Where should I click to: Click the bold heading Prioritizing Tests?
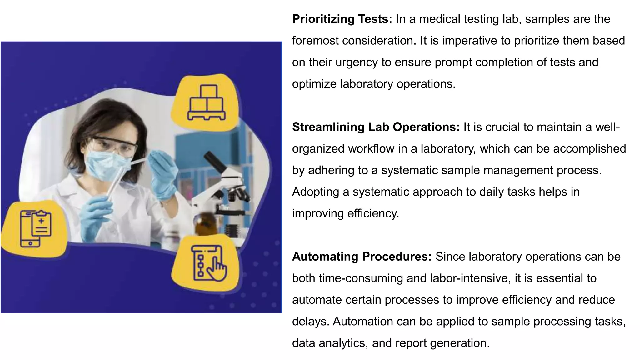(x=342, y=19)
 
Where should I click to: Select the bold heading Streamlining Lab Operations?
(x=376, y=127)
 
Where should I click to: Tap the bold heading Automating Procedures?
(x=362, y=257)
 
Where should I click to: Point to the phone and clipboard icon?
(x=35, y=228)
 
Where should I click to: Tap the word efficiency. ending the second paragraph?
(x=373, y=214)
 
